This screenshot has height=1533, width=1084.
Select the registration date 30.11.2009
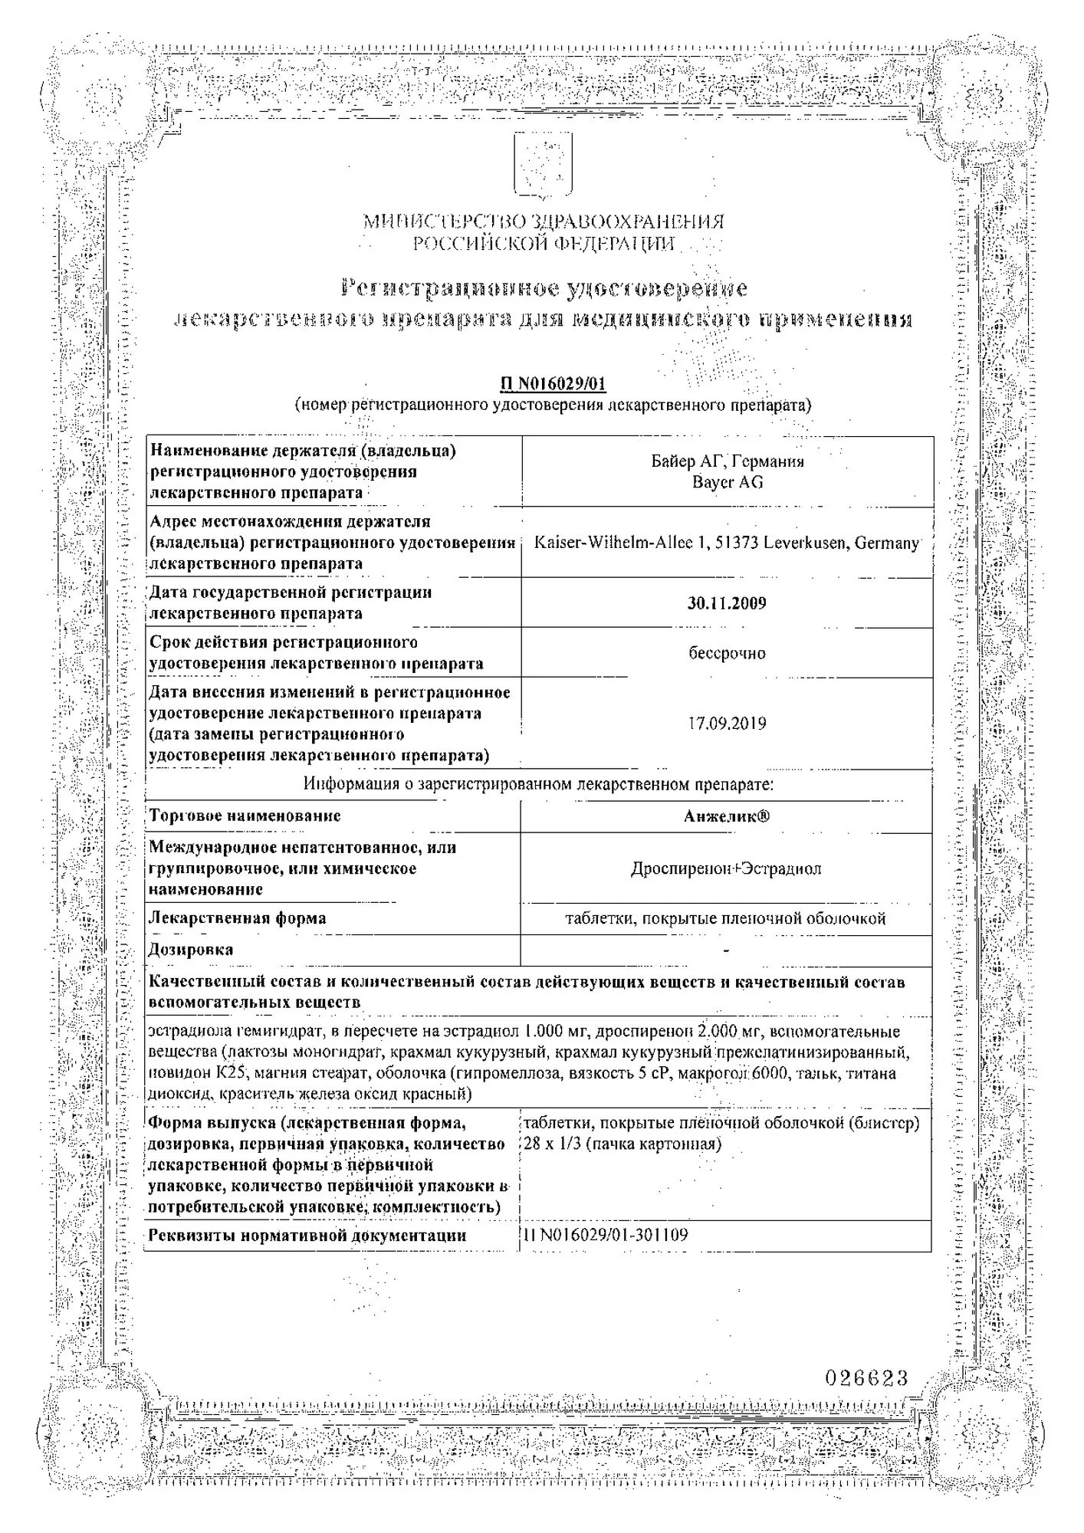pos(727,603)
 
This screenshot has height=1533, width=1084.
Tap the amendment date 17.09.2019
pos(727,724)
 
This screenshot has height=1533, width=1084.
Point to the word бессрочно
pos(727,653)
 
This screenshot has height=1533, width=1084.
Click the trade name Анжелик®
pos(727,816)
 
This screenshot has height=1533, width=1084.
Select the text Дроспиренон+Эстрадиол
pos(726,868)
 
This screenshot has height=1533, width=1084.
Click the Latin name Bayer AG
pos(727,482)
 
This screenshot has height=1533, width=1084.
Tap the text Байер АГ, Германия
pos(727,461)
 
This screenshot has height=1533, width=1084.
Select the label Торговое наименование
pos(245,816)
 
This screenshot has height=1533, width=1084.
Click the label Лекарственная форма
pos(238,918)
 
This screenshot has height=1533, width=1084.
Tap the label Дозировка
pos(191,950)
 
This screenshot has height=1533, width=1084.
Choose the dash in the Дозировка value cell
pos(726,950)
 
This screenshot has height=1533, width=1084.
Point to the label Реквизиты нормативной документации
pos(307,1235)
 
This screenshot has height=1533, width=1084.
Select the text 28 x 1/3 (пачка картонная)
pos(622,1144)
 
